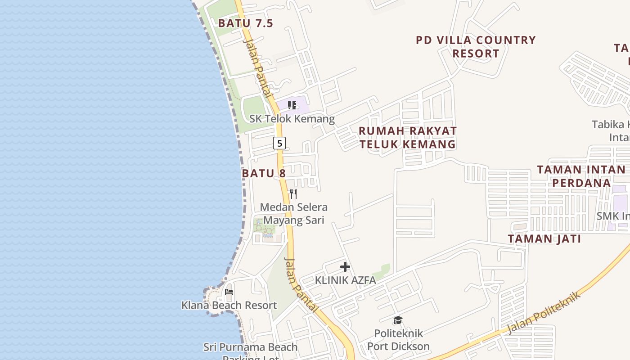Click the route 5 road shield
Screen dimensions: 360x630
[x=279, y=143]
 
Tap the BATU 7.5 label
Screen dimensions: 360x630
[x=246, y=23]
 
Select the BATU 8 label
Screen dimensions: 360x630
[x=264, y=173]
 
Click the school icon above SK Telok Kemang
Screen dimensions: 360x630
[x=292, y=105]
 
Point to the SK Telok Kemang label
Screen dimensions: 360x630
[x=292, y=119]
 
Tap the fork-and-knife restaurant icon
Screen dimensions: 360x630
[x=293, y=194]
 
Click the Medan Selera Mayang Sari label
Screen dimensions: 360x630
[x=294, y=214]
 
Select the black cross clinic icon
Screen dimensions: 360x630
[x=345, y=267]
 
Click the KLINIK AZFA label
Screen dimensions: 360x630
[x=345, y=280]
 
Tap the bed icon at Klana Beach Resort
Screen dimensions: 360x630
[x=229, y=292]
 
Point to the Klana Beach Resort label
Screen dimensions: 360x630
[x=229, y=305]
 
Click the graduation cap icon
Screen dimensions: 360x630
[x=398, y=320]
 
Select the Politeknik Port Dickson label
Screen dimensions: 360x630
[x=399, y=340]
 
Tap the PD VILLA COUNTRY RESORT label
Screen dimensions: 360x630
[x=476, y=47]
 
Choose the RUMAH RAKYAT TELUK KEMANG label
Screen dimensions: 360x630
[x=408, y=137]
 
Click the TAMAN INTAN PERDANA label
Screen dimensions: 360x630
[x=581, y=176]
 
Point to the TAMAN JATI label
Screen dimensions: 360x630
[x=544, y=239]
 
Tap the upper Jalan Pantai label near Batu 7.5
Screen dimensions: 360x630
[x=258, y=68]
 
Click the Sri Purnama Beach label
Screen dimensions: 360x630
[x=250, y=347]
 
